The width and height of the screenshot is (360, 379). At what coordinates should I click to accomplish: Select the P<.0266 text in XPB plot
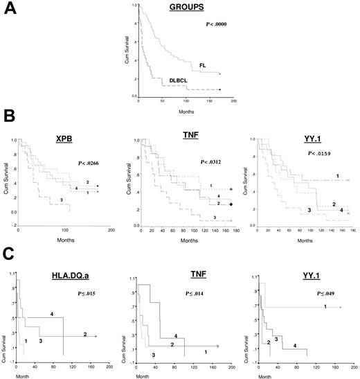pos(89,165)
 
